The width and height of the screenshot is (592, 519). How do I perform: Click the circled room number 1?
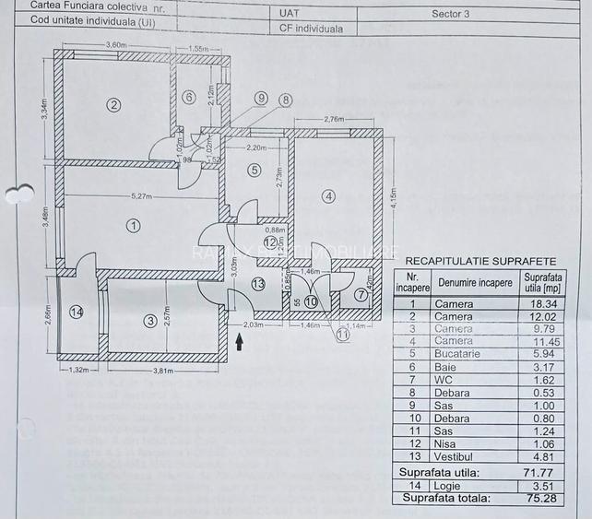[x=133, y=224]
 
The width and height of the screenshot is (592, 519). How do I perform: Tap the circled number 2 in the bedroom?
[x=113, y=104]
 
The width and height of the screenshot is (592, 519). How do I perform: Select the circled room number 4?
[x=328, y=195]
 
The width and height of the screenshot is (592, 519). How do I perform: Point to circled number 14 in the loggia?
[x=76, y=313]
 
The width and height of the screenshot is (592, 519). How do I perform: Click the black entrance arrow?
[x=241, y=342]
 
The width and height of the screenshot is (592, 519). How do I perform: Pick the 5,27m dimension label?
[x=141, y=196]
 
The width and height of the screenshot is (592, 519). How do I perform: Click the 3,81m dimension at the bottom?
[x=162, y=371]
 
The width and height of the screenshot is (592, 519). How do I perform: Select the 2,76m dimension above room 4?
[x=333, y=119]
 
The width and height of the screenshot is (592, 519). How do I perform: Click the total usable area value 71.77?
[x=540, y=472]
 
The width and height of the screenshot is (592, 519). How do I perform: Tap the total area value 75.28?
[x=540, y=499]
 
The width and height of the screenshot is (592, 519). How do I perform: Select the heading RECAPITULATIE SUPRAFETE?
[x=480, y=261]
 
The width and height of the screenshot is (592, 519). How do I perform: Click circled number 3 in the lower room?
[x=149, y=321]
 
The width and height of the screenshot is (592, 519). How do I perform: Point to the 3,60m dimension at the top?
[x=115, y=45]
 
